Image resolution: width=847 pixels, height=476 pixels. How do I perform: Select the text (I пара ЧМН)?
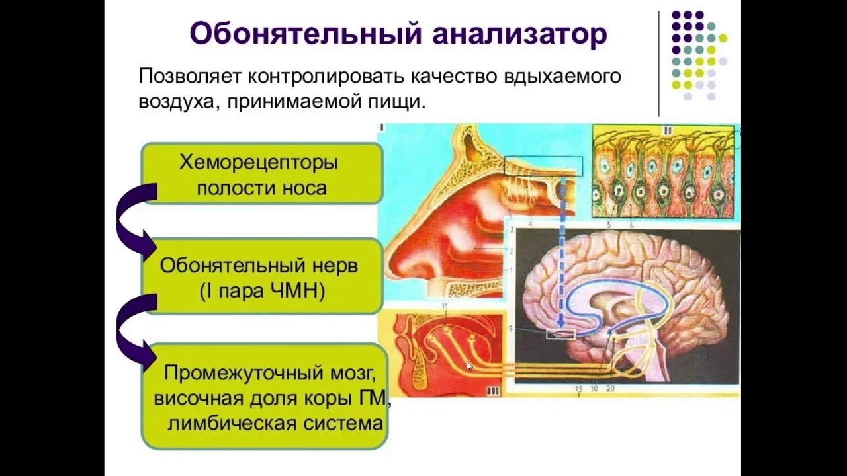tap(262, 292)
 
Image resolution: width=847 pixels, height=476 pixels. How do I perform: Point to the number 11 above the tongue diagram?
tap(444, 306)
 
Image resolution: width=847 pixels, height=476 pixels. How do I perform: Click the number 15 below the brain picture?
tap(578, 389)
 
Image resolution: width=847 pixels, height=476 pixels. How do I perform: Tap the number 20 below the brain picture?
tap(610, 389)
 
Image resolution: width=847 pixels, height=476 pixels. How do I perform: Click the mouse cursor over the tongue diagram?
tap(470, 365)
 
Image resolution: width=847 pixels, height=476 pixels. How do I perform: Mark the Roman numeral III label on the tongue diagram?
tap(492, 391)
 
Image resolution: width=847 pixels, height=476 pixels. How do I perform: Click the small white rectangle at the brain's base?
tap(560, 335)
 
